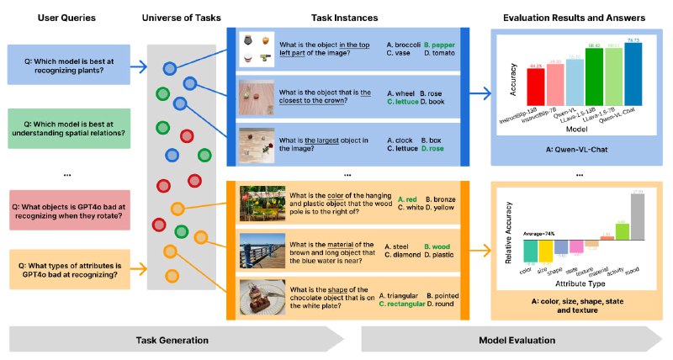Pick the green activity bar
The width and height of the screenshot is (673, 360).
coord(622,232)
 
